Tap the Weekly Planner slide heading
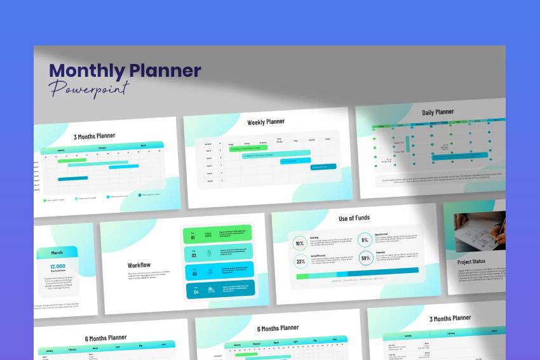(x=266, y=122)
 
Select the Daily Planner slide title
(x=438, y=112)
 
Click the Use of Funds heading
(x=354, y=218)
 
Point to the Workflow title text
(x=139, y=265)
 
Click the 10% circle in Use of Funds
(x=300, y=243)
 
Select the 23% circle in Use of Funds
(x=300, y=260)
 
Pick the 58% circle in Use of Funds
(x=365, y=258)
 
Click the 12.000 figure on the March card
(x=58, y=266)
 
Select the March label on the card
(x=57, y=253)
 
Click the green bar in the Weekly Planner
(x=248, y=148)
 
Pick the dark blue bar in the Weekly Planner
(x=323, y=167)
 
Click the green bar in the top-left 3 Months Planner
(x=71, y=161)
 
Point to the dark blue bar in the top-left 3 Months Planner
(x=72, y=178)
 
